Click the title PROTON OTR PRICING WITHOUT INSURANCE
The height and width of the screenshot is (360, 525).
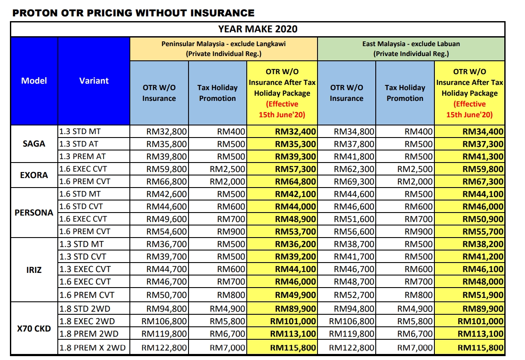(x=133, y=13)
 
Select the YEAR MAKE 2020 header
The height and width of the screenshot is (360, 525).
(x=258, y=29)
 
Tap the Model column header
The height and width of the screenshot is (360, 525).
(x=34, y=81)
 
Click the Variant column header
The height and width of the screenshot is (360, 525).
(x=94, y=81)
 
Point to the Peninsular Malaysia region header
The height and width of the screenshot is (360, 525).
(x=223, y=49)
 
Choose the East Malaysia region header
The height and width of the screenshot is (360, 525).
(x=411, y=49)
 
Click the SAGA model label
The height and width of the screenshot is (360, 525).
(x=34, y=144)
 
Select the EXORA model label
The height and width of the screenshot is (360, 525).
(x=34, y=175)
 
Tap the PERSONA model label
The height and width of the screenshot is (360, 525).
(x=34, y=213)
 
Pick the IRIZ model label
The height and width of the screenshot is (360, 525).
(x=34, y=269)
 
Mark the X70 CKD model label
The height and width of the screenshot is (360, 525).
(x=34, y=329)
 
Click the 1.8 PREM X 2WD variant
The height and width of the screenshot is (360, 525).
(x=92, y=347)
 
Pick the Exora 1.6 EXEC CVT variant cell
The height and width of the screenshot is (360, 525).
(x=85, y=169)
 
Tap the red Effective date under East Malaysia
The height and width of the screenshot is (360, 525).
(x=469, y=110)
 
